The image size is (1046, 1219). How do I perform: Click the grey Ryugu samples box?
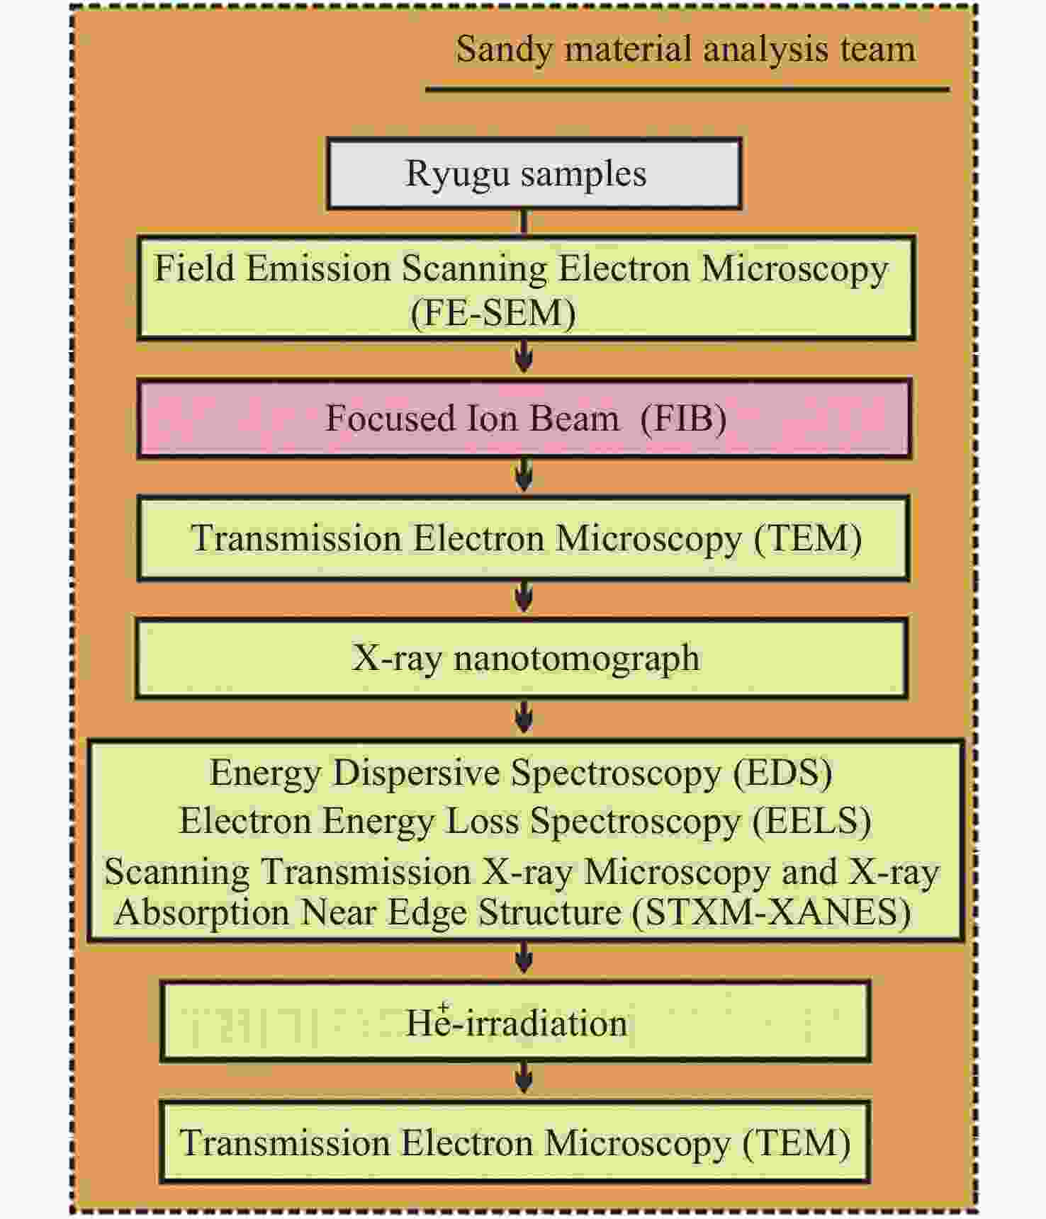tap(534, 174)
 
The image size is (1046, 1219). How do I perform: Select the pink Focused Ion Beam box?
tap(524, 419)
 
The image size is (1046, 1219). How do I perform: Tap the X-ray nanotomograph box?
tap(522, 658)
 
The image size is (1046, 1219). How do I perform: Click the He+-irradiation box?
tap(515, 1021)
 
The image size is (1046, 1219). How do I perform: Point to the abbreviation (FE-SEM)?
tap(493, 313)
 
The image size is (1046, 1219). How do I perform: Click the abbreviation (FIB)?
tap(683, 419)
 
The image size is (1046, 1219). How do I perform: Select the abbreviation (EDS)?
tap(782, 773)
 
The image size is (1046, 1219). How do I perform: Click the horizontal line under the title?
tap(687, 90)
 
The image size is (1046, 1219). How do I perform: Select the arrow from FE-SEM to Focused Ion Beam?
tap(524, 356)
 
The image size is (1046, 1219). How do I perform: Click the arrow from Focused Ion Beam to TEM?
tap(524, 475)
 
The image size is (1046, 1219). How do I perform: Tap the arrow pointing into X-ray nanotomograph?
tap(524, 596)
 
